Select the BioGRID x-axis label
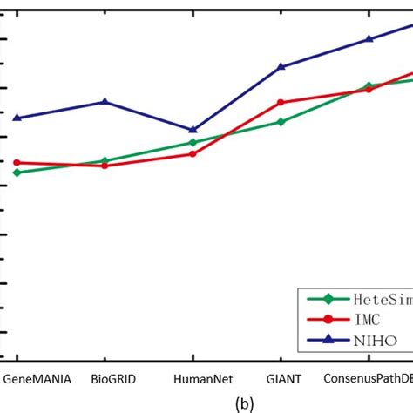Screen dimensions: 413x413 coord(105,379)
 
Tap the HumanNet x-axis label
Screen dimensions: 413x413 coord(193,379)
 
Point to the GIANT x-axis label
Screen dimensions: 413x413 coord(281,379)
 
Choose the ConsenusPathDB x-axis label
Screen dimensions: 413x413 coord(366,379)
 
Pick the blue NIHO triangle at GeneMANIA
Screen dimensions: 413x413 coord(17,118)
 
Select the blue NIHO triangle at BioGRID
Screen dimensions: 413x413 coord(105,102)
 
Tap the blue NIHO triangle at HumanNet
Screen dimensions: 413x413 coord(193,130)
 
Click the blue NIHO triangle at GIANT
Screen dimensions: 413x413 coord(281,66)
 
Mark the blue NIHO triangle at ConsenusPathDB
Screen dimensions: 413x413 coord(369,38)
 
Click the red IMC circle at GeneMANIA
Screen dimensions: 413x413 coord(17,162)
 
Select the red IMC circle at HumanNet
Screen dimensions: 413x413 coord(193,153)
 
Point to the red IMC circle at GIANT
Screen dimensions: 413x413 coord(281,102)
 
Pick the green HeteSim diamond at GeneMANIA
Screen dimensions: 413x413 coord(17,173)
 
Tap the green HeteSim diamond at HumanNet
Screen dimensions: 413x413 coord(193,142)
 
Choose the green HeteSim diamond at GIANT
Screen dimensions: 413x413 coord(281,122)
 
